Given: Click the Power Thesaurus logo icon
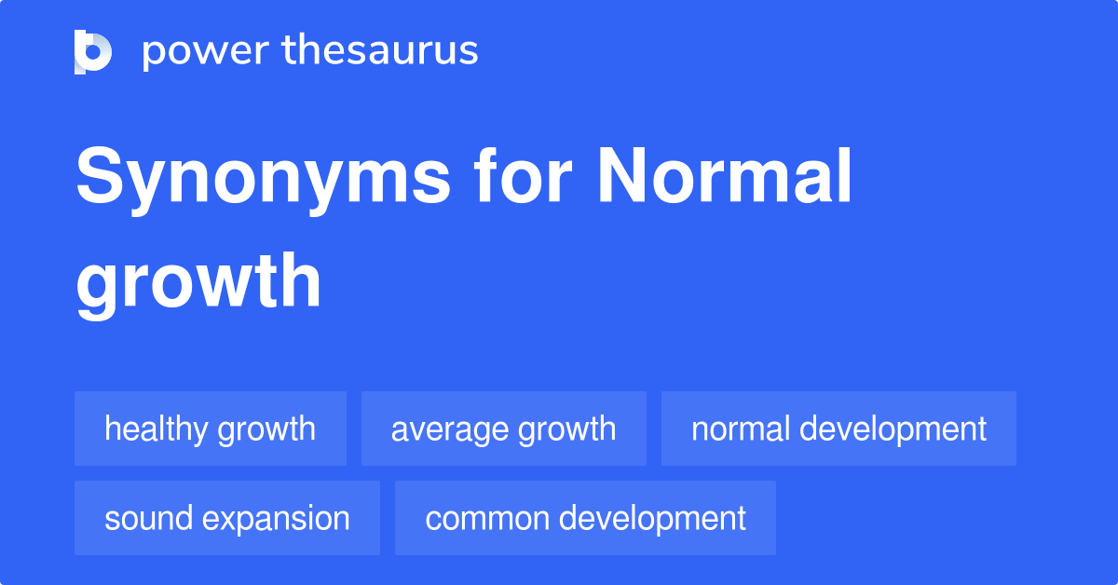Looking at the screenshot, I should point(93,51).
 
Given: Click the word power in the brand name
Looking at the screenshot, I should point(203,51).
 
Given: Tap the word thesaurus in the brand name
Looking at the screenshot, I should point(380,51).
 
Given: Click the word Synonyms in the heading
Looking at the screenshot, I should point(263,179).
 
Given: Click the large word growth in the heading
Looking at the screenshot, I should point(198,283).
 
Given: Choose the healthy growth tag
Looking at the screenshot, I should point(211,429).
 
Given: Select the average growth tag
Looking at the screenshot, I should point(504,429).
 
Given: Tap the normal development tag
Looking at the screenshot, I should point(838,429).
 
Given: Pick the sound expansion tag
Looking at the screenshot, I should point(227,518).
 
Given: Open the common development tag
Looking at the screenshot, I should point(585,518).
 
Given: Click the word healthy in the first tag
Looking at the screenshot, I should point(156,429).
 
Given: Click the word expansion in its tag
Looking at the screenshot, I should point(275,518).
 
